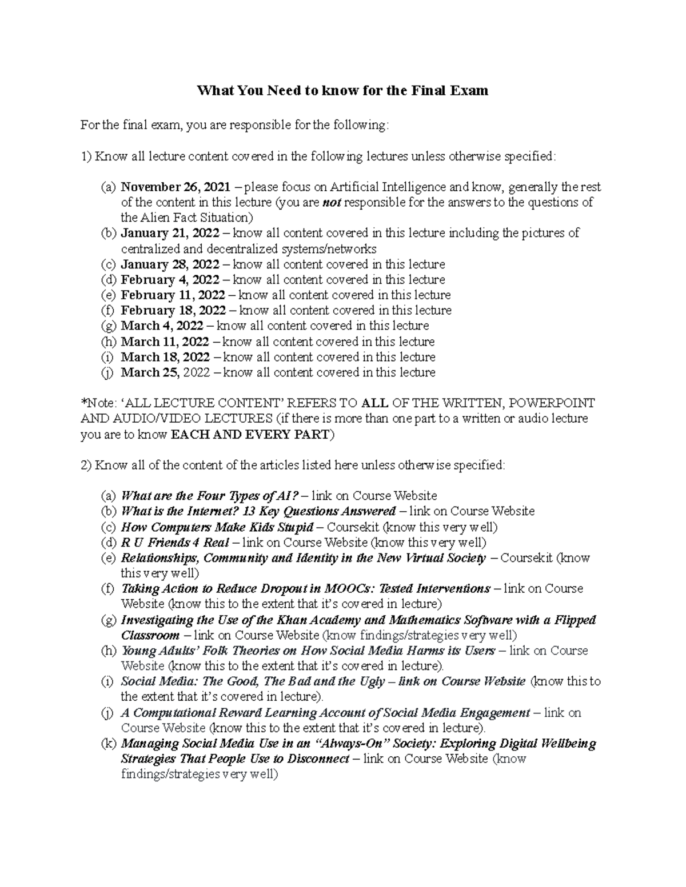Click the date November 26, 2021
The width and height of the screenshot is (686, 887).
tap(176, 187)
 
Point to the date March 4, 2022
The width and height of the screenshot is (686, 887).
tap(162, 326)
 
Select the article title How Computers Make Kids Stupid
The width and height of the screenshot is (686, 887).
tap(217, 527)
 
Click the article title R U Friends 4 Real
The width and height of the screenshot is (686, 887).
tap(175, 542)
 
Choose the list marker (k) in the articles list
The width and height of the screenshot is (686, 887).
tap(109, 744)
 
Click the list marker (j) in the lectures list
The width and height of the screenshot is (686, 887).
tap(109, 372)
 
